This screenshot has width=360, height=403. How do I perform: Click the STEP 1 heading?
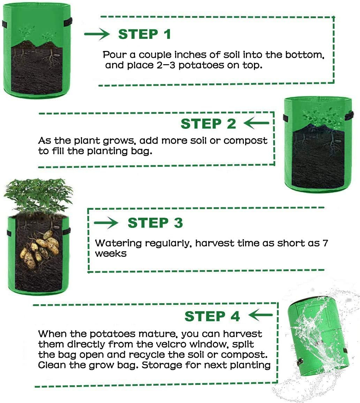(144, 35)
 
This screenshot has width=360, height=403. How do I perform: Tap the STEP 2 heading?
(208, 124)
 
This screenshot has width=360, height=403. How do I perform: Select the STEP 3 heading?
(155, 223)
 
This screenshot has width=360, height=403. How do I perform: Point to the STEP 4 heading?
(212, 316)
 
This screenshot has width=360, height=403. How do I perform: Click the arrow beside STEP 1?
(97, 33)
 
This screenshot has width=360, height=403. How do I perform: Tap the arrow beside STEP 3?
(106, 223)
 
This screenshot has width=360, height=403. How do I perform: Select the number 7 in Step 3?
(325, 243)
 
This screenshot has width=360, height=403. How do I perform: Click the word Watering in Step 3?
(118, 244)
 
